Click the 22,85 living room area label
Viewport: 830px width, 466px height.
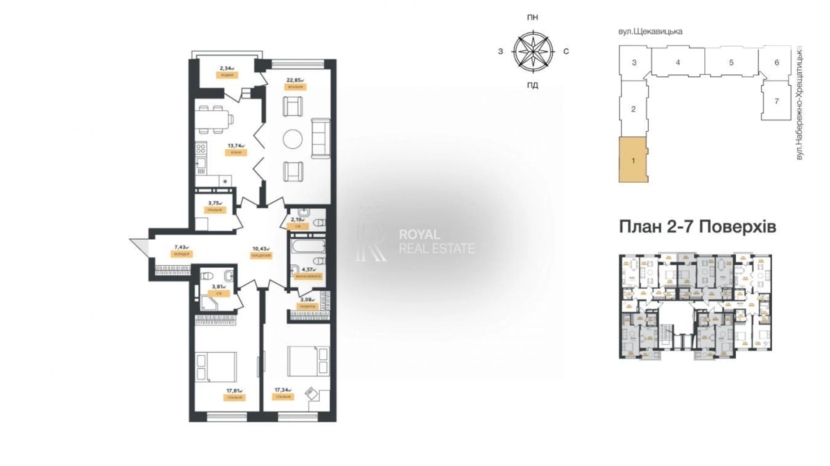tap(295, 80)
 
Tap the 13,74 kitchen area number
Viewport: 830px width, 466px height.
tap(236, 146)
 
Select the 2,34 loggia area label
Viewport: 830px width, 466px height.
tap(227, 69)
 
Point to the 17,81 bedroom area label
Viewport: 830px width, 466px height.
tap(234, 391)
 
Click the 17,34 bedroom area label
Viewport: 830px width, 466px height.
tap(283, 390)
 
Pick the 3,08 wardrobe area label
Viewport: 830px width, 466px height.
tap(307, 300)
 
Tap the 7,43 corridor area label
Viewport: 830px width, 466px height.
tap(181, 247)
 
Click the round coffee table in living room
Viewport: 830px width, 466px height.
tap(293, 139)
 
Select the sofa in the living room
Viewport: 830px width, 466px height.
tap(321, 138)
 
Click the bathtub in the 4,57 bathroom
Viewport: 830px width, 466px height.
tap(308, 246)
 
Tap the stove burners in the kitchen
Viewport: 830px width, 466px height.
tap(201, 148)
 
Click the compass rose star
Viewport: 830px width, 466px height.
tap(533, 52)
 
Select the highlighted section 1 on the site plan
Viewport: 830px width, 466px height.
tap(633, 160)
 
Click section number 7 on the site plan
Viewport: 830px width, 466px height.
tap(777, 101)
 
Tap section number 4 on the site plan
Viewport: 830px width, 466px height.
tap(677, 62)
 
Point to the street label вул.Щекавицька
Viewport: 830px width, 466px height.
tap(650, 31)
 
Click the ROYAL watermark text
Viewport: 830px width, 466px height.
tap(419, 234)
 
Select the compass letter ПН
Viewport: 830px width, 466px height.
tap(533, 17)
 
